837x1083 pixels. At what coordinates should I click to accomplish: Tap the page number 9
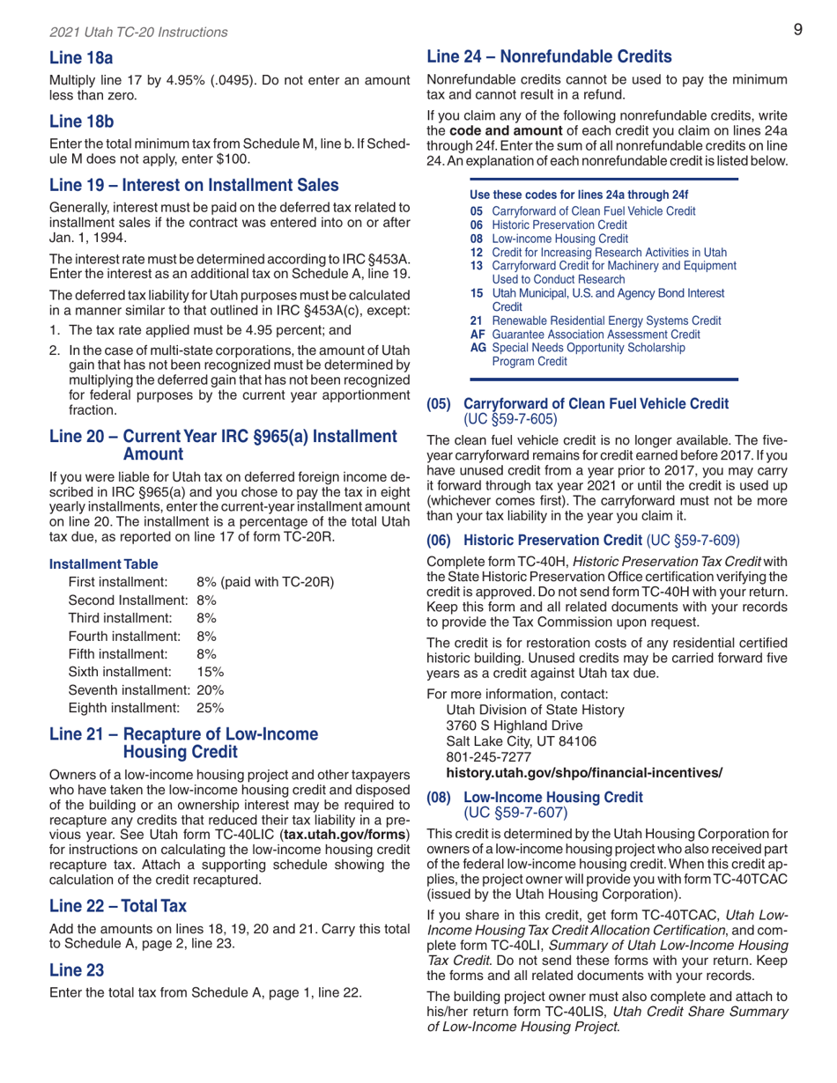(796, 29)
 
